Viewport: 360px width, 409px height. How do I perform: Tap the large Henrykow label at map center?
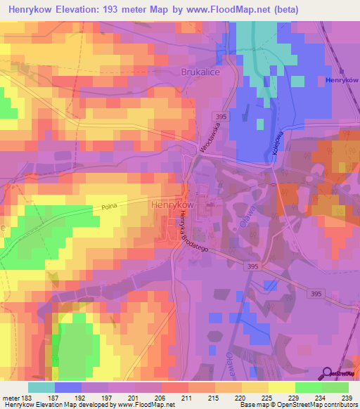pos(172,204)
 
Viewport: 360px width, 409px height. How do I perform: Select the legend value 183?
pos(26,398)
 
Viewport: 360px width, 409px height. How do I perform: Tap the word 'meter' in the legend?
pos(9,398)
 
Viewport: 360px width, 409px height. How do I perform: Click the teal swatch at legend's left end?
pos(41,387)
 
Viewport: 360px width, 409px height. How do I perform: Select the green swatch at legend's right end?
pos(335,387)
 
